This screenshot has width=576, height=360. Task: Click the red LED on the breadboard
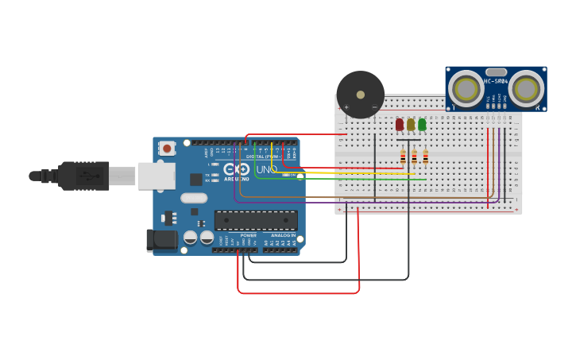pos(400,124)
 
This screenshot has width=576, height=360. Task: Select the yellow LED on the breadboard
pos(411,124)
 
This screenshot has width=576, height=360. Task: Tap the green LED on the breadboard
pos(422,124)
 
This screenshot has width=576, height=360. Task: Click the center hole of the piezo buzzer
pos(361,95)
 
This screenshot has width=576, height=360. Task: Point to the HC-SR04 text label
pos(496,81)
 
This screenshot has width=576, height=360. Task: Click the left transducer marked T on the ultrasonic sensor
pos(466,88)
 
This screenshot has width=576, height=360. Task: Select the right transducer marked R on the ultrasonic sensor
pos(526,88)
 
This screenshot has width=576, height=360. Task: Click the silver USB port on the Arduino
pos(157,176)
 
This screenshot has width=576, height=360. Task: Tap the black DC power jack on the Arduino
pos(162,240)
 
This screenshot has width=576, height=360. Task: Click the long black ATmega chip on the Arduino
pos(256,220)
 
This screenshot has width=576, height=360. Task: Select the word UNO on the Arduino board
pos(267,169)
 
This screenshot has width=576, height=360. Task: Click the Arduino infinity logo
pos(236,169)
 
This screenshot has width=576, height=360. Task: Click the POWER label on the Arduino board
pos(249,235)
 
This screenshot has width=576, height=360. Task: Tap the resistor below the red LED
pos(403,157)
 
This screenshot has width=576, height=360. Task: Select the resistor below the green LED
pos(425,157)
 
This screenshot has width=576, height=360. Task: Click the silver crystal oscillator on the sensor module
pos(496,72)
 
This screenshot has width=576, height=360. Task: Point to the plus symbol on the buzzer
pos(346,106)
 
